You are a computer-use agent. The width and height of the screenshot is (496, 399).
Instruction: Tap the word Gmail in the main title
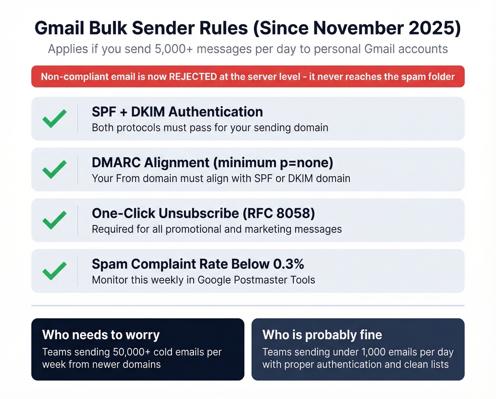point(60,28)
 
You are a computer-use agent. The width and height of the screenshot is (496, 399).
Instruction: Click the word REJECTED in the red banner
point(193,76)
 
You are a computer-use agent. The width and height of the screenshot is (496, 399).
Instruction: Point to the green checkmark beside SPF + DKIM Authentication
point(54,119)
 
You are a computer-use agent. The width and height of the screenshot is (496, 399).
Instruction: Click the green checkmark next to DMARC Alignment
point(54,169)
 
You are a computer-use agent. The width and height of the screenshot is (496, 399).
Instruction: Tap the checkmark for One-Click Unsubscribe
point(54,220)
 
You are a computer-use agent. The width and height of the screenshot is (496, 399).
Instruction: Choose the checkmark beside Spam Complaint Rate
point(54,271)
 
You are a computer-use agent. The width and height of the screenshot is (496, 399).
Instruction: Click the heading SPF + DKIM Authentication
point(177,112)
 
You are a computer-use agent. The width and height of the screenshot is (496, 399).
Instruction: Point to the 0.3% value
point(288,264)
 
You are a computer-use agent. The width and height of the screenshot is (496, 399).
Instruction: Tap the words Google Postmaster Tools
point(256,280)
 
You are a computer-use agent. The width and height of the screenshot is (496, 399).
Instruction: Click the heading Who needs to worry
point(101,335)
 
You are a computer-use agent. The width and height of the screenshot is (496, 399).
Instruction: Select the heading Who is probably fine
point(322,335)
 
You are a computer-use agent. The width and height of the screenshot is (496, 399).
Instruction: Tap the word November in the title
point(358,28)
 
